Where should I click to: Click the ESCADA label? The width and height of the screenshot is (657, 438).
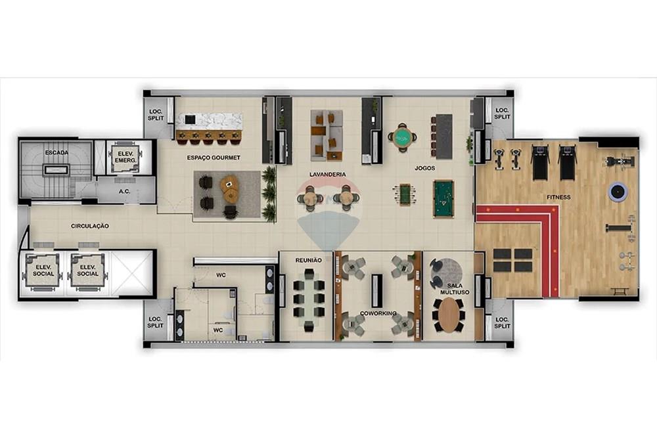57,153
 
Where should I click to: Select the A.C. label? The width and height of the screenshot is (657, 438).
125,192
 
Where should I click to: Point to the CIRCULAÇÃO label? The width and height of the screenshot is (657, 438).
90,226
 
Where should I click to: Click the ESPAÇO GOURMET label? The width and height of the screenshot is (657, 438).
214,158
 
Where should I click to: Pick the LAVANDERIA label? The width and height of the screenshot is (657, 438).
328,175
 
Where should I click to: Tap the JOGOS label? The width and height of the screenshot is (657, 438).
425,168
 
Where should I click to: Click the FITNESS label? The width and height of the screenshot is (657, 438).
558,197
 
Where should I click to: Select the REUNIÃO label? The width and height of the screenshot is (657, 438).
308,261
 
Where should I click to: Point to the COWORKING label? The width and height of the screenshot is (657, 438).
378,314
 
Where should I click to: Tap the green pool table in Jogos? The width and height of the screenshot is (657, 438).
443,198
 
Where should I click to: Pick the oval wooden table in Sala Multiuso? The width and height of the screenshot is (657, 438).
449,315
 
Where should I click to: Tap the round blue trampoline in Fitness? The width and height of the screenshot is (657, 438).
618,192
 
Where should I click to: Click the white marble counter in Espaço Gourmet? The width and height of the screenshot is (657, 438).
209,121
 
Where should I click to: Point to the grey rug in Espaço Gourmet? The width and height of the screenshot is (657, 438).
227,196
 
